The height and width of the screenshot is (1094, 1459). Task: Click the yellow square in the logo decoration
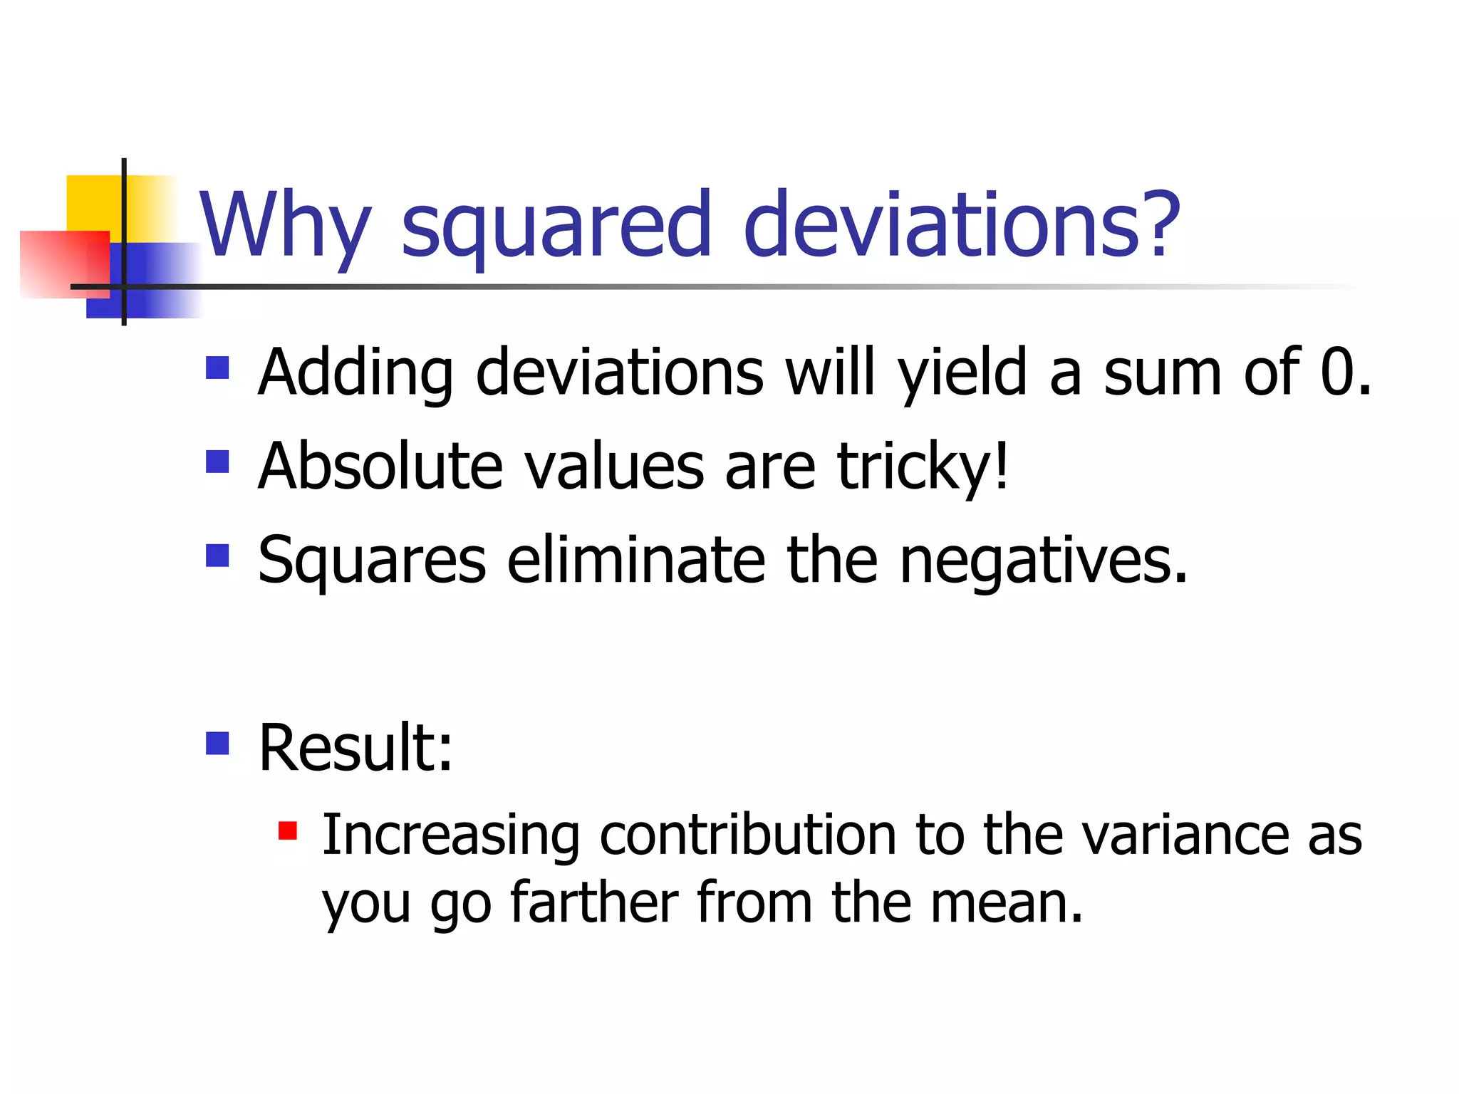(x=93, y=203)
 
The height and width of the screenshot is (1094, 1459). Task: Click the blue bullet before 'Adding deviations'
(x=217, y=368)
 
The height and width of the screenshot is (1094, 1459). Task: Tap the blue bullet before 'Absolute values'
(x=217, y=462)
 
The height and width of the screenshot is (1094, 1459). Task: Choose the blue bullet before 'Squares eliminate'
(x=217, y=555)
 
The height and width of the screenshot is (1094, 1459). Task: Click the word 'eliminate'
(x=636, y=560)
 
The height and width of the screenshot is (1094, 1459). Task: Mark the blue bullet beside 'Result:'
(x=217, y=743)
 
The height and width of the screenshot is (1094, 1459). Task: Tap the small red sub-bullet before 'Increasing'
(x=288, y=830)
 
